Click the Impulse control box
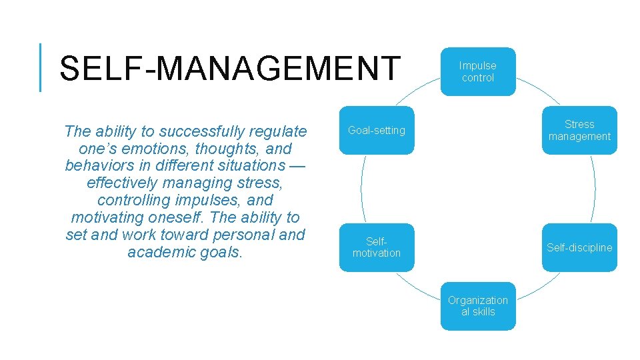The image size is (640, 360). (478, 71)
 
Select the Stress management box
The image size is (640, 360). (579, 130)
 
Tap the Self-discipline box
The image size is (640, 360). (579, 247)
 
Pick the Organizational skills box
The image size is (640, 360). (478, 306)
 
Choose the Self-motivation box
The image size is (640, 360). (377, 247)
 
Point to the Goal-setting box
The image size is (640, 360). (377, 130)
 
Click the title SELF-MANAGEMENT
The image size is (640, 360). (230, 69)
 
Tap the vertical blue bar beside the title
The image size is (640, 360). (41, 67)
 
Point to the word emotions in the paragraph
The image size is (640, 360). (155, 149)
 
